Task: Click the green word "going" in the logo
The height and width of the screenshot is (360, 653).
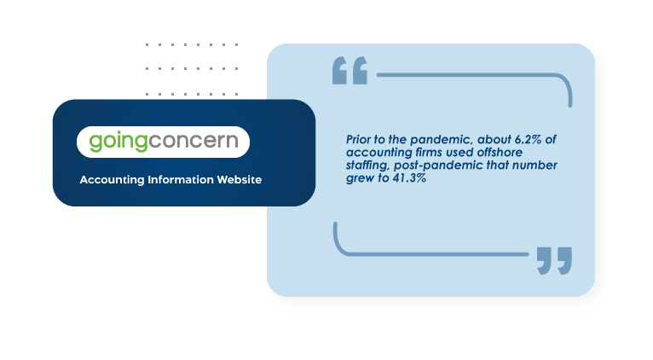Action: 118,142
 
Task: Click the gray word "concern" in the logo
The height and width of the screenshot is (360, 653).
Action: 194,141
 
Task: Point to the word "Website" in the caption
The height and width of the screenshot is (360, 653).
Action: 239,180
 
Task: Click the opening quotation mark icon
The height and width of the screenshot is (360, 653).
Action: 350,71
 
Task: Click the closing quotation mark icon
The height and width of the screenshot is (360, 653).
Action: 554,261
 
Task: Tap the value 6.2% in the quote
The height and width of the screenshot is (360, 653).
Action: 528,139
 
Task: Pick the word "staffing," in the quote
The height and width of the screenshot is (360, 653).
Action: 368,165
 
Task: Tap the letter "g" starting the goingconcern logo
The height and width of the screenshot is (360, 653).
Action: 95,143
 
